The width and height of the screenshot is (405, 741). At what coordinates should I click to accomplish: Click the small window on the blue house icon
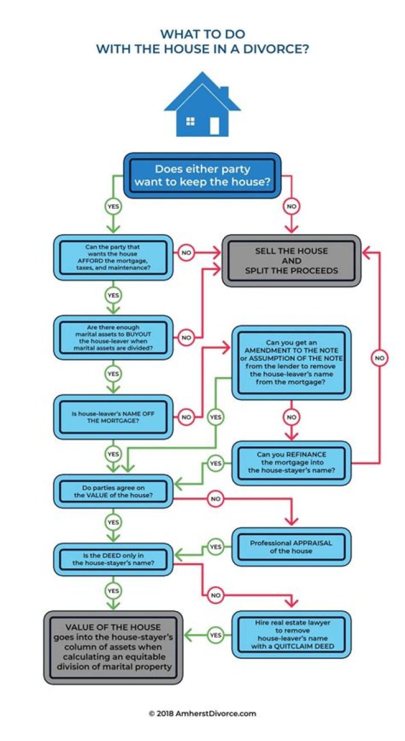coord(190,121)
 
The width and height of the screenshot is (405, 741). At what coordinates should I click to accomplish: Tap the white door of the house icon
coord(214,124)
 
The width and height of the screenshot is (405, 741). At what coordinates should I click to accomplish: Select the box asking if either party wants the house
coord(202,175)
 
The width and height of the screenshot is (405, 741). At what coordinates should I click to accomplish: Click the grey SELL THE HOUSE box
coord(291,261)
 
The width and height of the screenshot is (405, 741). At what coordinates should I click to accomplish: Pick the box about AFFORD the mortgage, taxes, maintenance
coord(113,258)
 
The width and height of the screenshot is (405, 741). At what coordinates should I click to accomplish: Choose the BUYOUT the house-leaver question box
coord(113,338)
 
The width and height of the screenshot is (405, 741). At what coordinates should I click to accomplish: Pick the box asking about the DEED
coord(113,559)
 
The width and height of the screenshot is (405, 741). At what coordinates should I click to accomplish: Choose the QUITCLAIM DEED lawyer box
coord(291,634)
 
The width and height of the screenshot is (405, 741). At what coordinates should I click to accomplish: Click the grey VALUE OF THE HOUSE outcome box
coord(113,647)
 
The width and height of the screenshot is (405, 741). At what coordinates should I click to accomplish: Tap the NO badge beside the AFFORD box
coord(186,253)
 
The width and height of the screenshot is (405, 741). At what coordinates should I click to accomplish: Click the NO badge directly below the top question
coord(291,206)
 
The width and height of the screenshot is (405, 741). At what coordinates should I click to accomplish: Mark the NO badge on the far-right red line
coord(380,358)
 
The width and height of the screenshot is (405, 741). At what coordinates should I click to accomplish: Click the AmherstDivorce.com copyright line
coord(202,713)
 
